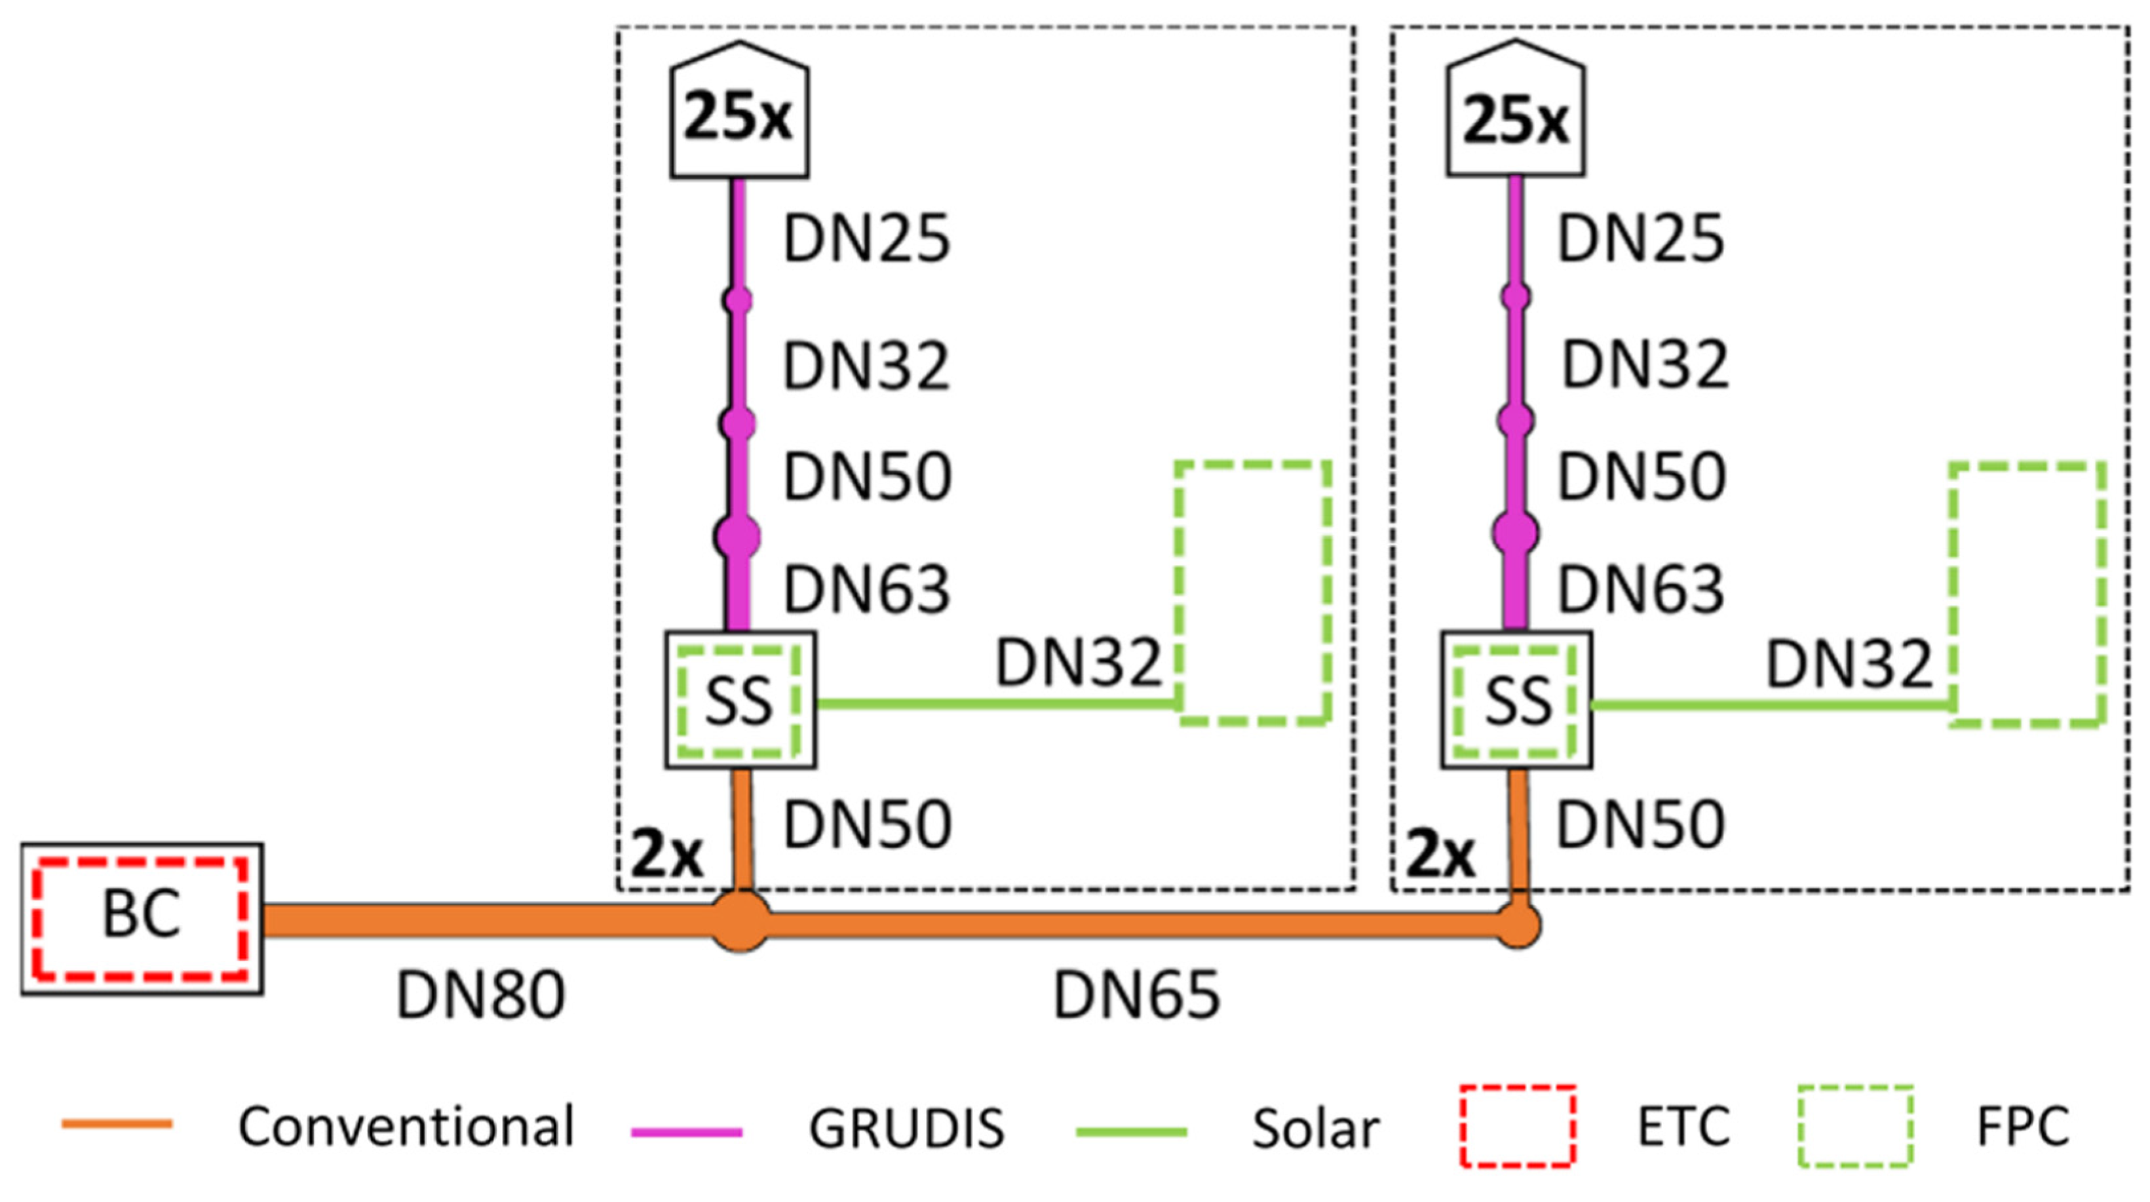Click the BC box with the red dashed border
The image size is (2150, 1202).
142,918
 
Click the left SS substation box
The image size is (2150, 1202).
739,699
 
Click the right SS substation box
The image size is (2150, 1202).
1516,699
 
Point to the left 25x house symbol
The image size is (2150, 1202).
739,113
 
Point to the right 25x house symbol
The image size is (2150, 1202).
1516,113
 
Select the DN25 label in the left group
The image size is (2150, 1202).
866,239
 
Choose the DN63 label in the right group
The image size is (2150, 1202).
1641,589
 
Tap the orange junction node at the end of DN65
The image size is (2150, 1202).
1518,925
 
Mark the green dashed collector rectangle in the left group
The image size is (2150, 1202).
1254,592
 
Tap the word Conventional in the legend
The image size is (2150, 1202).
406,1126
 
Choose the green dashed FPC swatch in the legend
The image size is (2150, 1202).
1854,1125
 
